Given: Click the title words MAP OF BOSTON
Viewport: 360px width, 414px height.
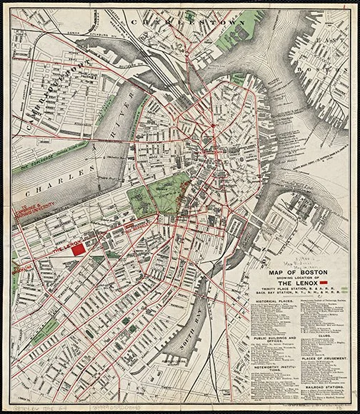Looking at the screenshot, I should (x=294, y=272).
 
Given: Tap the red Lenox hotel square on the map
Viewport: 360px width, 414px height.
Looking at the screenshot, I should (x=90, y=245).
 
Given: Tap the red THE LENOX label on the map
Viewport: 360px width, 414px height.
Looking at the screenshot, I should (x=64, y=251).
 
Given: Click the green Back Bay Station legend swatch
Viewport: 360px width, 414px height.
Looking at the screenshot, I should (x=346, y=293).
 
